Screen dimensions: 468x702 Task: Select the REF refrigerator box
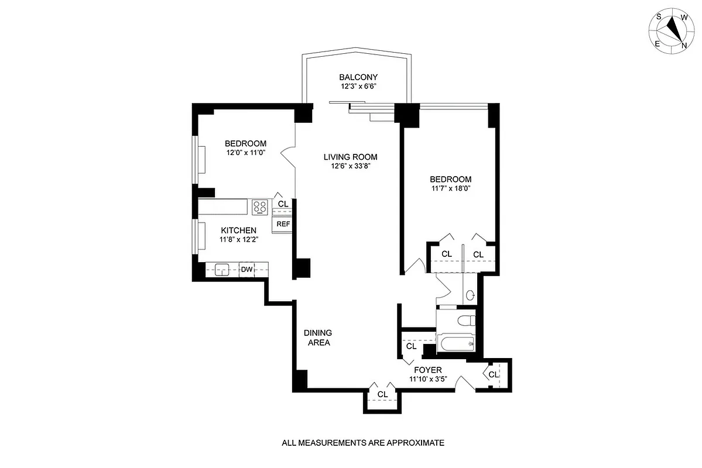click(283, 224)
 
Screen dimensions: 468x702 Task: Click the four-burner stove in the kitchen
click(260, 207)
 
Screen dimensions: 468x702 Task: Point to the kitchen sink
click(222, 270)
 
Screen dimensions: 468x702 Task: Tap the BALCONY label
click(358, 77)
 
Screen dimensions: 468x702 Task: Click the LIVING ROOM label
click(351, 157)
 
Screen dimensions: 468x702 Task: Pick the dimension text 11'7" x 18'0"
click(450, 189)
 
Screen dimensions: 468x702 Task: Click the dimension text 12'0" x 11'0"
click(246, 153)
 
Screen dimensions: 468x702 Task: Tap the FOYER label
click(427, 369)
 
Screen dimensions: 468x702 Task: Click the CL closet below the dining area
click(382, 394)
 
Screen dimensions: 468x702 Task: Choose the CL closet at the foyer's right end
click(494, 374)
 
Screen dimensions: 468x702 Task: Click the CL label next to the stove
click(283, 204)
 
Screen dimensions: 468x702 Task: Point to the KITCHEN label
click(238, 230)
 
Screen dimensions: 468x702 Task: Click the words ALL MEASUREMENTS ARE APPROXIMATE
click(363, 443)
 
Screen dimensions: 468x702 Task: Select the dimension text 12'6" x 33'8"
click(351, 166)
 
